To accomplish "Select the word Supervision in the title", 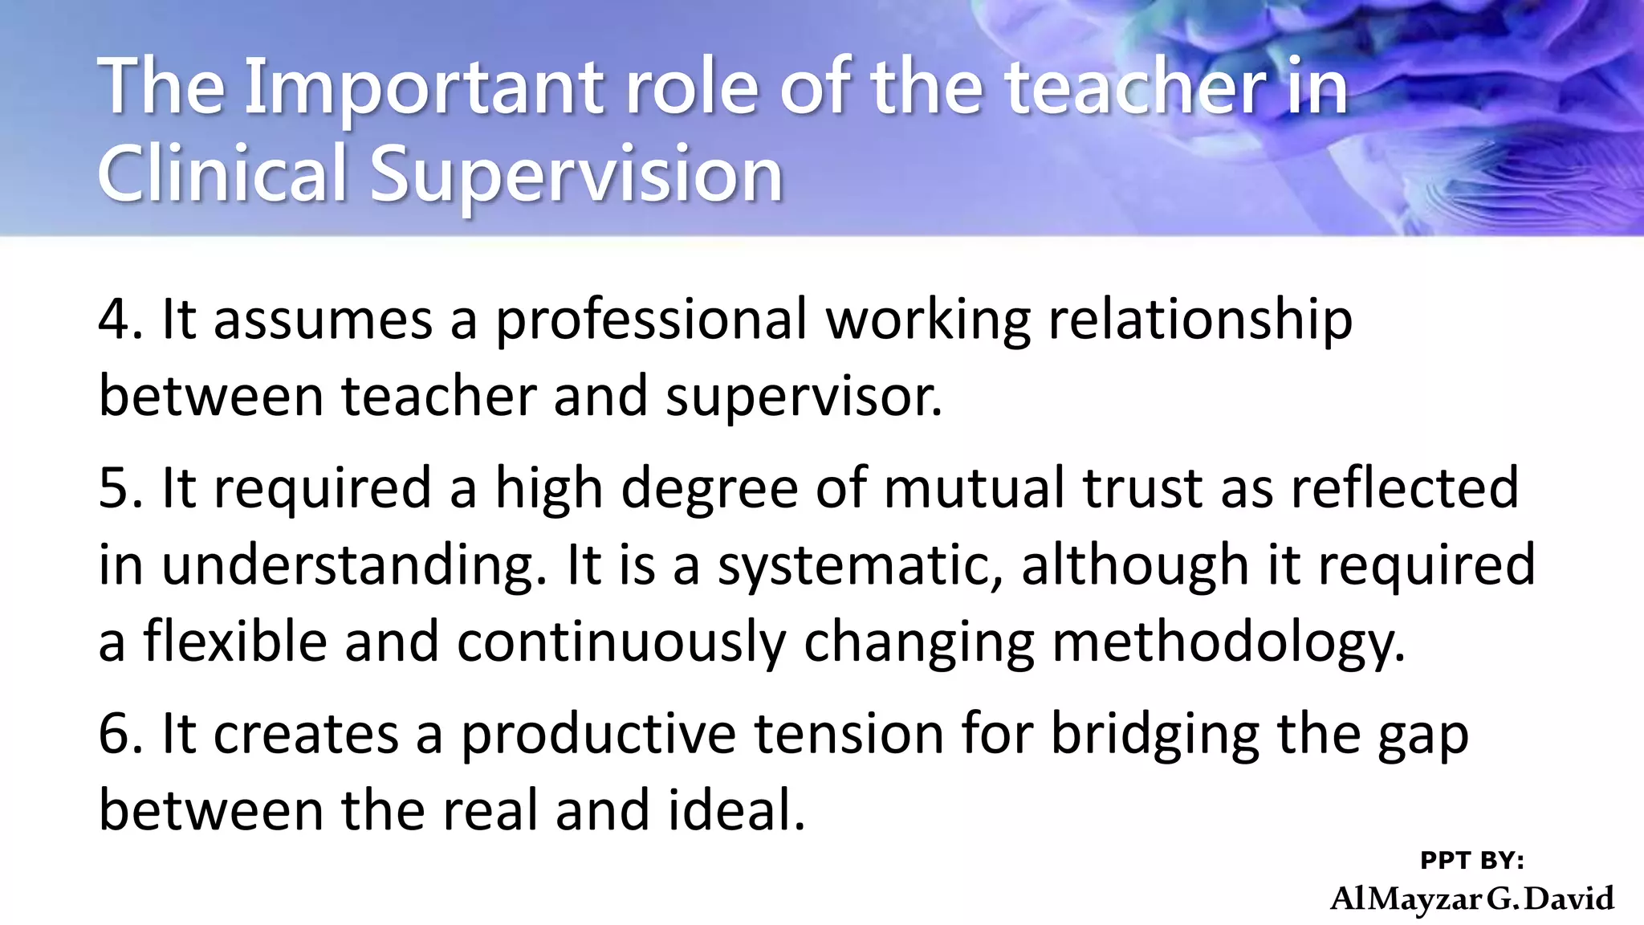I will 576,174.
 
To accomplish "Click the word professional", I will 650,320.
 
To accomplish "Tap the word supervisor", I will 803,397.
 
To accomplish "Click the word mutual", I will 975,487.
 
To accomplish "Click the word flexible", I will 236,642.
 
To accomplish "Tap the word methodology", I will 1228,643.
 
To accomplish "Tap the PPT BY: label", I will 1471,861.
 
